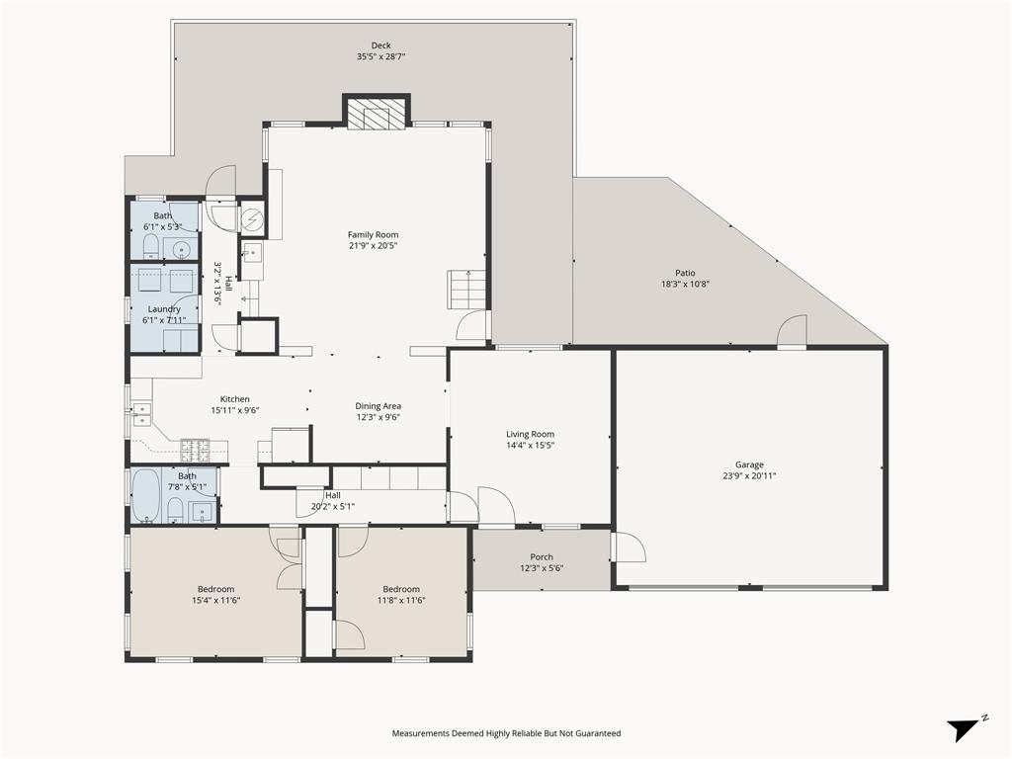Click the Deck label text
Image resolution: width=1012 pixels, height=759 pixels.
point(380,45)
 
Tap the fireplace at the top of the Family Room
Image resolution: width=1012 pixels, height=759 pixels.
point(376,115)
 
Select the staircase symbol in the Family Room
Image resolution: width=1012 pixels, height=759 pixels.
point(467,290)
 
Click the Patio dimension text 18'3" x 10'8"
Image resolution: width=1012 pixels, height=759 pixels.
point(685,285)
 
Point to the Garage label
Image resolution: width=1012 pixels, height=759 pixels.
point(749,464)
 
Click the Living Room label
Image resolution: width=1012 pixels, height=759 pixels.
point(530,434)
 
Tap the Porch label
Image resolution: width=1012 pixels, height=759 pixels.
point(542,557)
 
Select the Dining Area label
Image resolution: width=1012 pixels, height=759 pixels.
point(379,406)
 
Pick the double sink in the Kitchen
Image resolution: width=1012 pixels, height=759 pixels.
point(141,416)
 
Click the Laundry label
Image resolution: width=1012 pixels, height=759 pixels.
point(164,309)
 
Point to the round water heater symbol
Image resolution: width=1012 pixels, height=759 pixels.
point(253,216)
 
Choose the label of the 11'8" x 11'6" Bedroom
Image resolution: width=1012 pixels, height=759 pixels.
point(401,589)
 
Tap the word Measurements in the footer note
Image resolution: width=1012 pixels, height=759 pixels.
point(425,733)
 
